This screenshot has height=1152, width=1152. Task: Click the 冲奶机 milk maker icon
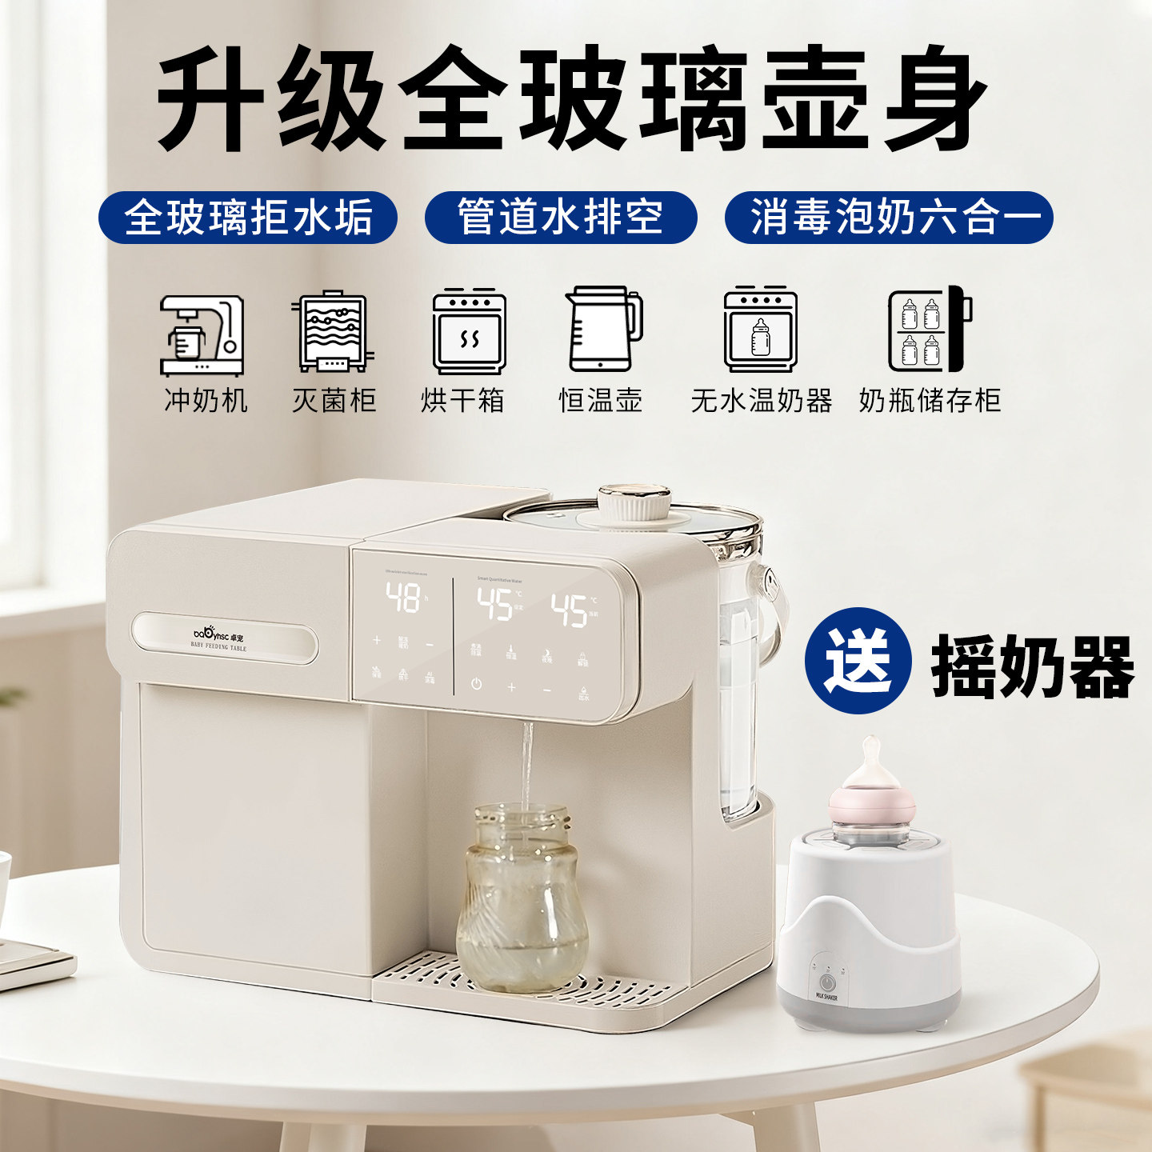click(202, 334)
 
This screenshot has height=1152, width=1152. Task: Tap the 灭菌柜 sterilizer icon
click(333, 332)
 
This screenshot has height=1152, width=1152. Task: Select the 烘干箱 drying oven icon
click(469, 332)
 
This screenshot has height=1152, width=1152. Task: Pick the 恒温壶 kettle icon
click(603, 329)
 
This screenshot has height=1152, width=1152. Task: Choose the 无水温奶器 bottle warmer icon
click(760, 330)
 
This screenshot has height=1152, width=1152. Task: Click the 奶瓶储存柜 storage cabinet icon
click(929, 330)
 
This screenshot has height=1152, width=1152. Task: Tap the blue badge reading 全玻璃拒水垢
click(248, 218)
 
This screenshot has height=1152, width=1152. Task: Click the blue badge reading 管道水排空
click(560, 218)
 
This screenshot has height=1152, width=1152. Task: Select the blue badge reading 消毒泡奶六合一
click(888, 218)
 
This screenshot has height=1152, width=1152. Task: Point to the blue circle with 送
click(858, 661)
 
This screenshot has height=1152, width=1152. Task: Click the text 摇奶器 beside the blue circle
click(1032, 666)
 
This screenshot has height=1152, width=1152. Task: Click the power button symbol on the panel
click(476, 684)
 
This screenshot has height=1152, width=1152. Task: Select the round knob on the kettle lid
click(634, 501)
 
